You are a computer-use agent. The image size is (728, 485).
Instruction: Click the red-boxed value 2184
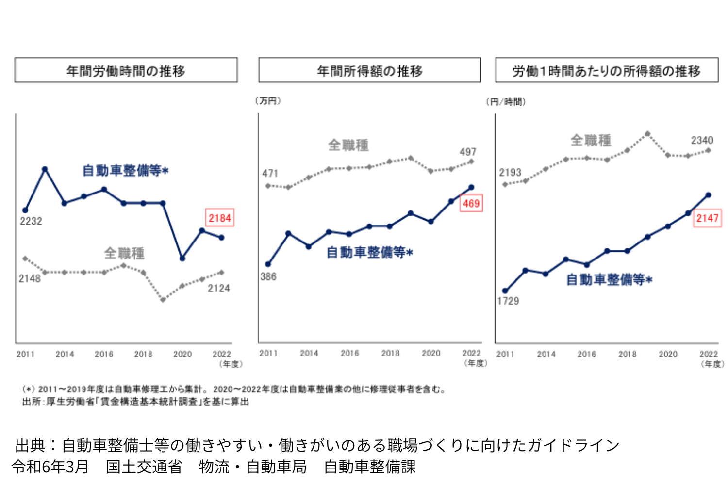point(220,218)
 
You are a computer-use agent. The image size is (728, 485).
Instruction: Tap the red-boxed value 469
point(471,203)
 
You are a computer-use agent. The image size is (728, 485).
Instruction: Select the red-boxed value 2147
point(707,218)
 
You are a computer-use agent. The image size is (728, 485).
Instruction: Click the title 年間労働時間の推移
point(126,71)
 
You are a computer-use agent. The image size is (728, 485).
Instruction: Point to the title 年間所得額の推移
point(369,71)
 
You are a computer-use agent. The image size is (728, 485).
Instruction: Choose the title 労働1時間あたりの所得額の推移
point(606,71)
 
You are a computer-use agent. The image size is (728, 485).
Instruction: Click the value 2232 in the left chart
point(31,221)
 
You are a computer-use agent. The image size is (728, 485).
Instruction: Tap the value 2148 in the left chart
point(30,278)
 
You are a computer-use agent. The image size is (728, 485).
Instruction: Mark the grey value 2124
point(218,289)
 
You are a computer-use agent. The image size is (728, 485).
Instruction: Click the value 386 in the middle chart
point(268,276)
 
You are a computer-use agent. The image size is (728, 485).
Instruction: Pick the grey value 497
point(468,152)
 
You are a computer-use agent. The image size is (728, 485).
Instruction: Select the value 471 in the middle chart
point(270,173)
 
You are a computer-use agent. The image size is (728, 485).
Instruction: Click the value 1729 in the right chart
point(508,301)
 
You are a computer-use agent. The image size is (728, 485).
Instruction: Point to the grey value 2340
point(702,140)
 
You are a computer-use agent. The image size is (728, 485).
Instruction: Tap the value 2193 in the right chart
point(510,172)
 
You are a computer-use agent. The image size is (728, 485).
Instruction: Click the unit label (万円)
point(268,101)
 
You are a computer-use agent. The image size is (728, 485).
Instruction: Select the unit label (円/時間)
point(506,101)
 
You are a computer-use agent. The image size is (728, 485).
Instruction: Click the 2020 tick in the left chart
point(182,354)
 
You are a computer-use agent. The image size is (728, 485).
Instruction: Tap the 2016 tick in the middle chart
point(349,353)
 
